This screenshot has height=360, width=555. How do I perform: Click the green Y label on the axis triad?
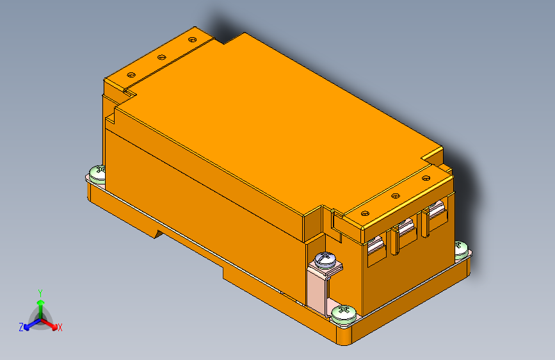40,292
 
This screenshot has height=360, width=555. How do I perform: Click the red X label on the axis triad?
60,327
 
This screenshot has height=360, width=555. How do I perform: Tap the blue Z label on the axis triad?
21,327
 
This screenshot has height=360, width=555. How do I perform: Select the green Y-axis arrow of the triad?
40,304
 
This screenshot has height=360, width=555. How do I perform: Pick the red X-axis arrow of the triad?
51,323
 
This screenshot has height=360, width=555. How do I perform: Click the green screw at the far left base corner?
97,172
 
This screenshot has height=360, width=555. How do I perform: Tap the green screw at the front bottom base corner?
344,313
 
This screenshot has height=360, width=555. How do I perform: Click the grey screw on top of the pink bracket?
326,259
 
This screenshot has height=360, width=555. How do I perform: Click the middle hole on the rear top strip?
161,57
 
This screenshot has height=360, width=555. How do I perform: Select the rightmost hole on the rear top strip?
191,40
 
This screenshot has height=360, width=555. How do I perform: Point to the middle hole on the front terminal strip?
395,194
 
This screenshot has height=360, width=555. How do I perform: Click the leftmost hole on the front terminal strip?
366,212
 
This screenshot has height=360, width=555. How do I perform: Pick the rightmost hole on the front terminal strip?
426,176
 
